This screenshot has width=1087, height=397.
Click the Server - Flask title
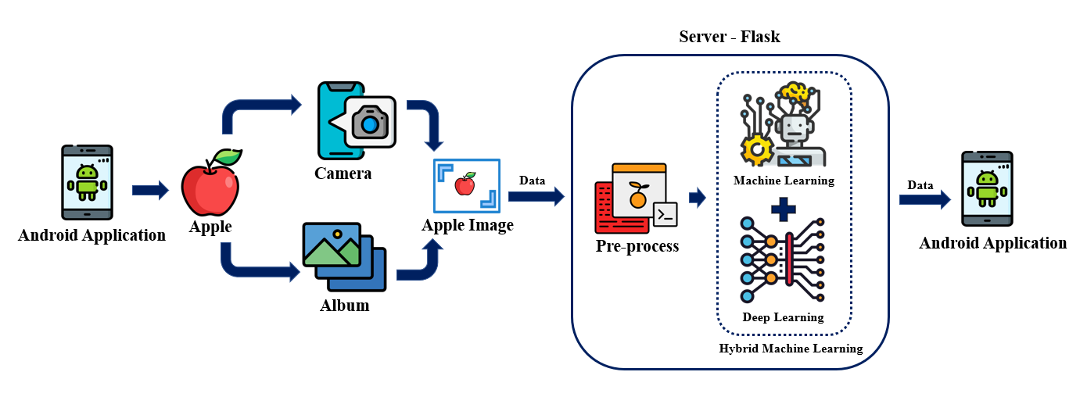[x=730, y=37]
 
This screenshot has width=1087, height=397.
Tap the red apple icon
[x=210, y=184]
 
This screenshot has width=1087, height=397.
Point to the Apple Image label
[x=468, y=226]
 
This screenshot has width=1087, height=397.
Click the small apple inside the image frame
[x=465, y=184]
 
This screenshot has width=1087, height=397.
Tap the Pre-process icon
[x=635, y=198]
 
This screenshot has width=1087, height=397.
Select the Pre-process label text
[x=637, y=246]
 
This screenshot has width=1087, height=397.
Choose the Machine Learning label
[x=784, y=181]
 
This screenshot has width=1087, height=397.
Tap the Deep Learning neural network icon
[x=782, y=260]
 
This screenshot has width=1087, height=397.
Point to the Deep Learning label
[x=783, y=317]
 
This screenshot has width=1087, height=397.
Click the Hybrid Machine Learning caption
[x=791, y=349]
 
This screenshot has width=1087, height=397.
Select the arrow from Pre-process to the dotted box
[x=697, y=198]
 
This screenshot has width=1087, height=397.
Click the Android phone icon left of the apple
[x=88, y=182]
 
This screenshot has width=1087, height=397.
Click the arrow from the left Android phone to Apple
[x=150, y=190]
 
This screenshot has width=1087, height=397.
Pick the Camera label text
[x=343, y=173]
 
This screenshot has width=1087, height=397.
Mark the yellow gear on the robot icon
[x=757, y=150]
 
